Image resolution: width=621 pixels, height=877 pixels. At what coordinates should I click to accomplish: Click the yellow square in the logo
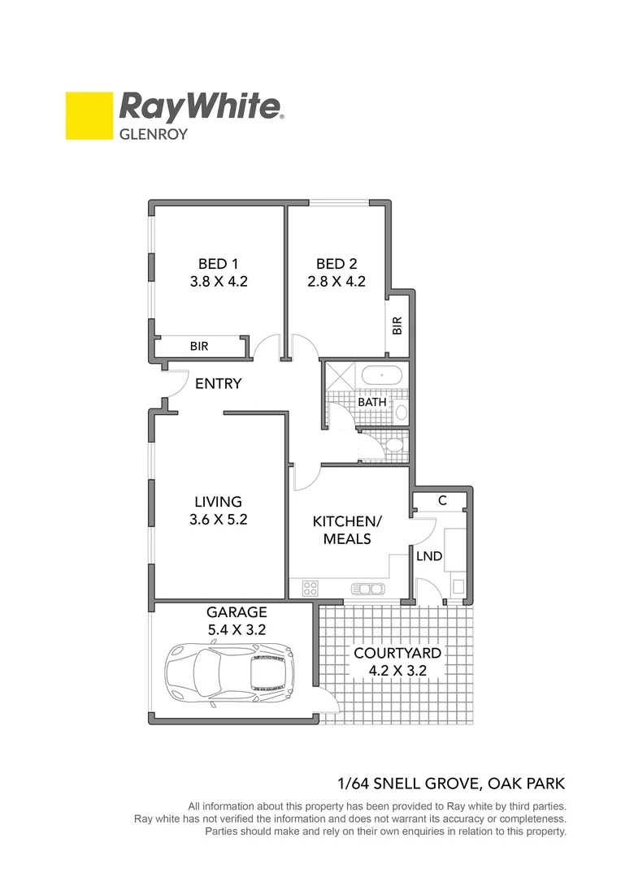click(89, 115)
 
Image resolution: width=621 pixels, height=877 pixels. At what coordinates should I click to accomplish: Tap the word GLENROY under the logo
click(154, 134)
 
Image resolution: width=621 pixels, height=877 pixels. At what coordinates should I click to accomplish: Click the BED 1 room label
click(218, 263)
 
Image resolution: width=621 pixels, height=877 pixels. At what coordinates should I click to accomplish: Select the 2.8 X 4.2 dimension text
click(337, 282)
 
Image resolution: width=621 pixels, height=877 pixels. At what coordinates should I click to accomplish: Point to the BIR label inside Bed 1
click(199, 346)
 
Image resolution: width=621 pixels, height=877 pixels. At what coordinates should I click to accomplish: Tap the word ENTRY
click(218, 383)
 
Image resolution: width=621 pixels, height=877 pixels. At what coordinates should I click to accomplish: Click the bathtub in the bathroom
click(381, 376)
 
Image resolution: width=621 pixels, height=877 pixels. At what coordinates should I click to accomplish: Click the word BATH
click(371, 402)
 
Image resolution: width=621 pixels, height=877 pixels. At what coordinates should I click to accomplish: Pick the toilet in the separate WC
click(393, 444)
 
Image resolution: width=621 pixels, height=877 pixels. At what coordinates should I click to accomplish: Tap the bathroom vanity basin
click(401, 410)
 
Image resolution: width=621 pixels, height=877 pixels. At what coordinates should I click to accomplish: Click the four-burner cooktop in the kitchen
click(310, 587)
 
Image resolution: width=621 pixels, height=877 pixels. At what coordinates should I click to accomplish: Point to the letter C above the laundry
click(442, 501)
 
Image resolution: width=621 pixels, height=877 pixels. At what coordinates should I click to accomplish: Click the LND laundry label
click(428, 556)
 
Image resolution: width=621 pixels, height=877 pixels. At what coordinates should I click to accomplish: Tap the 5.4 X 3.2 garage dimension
click(236, 629)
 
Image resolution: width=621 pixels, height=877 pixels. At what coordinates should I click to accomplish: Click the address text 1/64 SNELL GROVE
click(406, 784)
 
